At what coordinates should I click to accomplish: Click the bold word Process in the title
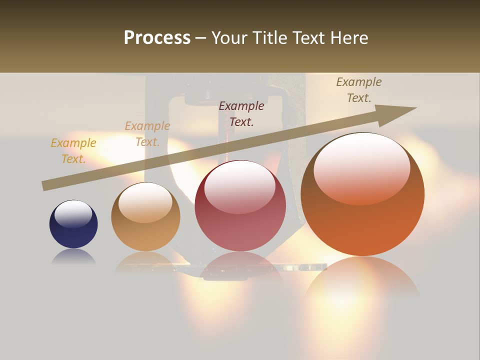click(x=157, y=38)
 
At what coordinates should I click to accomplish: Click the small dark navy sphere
click(x=73, y=224)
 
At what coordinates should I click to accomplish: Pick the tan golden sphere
click(x=145, y=217)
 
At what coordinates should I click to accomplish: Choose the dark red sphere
click(x=240, y=206)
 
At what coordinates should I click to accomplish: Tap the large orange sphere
click(x=362, y=195)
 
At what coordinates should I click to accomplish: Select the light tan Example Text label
click(x=147, y=134)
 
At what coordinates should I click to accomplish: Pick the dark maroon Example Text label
click(x=241, y=113)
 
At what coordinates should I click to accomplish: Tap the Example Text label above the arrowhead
click(x=359, y=90)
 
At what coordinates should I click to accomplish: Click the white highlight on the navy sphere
click(x=73, y=213)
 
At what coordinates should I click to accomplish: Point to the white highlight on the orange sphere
click(x=361, y=167)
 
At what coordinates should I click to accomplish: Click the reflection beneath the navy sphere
click(x=73, y=257)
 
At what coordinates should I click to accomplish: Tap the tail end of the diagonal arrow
click(x=45, y=186)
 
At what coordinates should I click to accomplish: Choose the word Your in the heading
click(x=230, y=38)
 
